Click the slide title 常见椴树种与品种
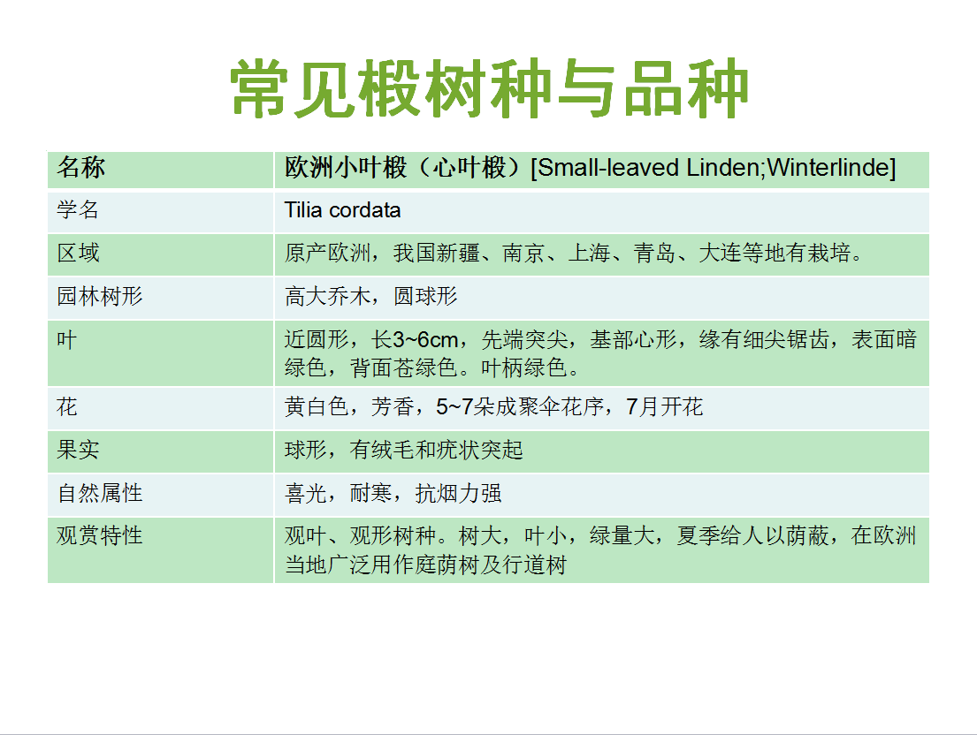coord(489,88)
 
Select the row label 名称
coord(81,168)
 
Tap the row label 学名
coord(78,209)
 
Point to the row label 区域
coord(78,254)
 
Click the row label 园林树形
coord(100,296)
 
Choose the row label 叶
coord(66,340)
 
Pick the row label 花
coord(66,407)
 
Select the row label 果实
coord(78,450)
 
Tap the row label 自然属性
coord(100,494)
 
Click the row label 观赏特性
coord(100,536)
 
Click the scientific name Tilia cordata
coord(342,210)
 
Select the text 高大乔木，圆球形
coord(371,296)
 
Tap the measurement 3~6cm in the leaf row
coord(425,340)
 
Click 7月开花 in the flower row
coord(664,407)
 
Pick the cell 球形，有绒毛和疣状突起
coord(404,450)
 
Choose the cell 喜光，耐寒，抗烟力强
coord(393,494)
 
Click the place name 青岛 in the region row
coord(655,254)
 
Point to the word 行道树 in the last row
coord(535,565)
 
